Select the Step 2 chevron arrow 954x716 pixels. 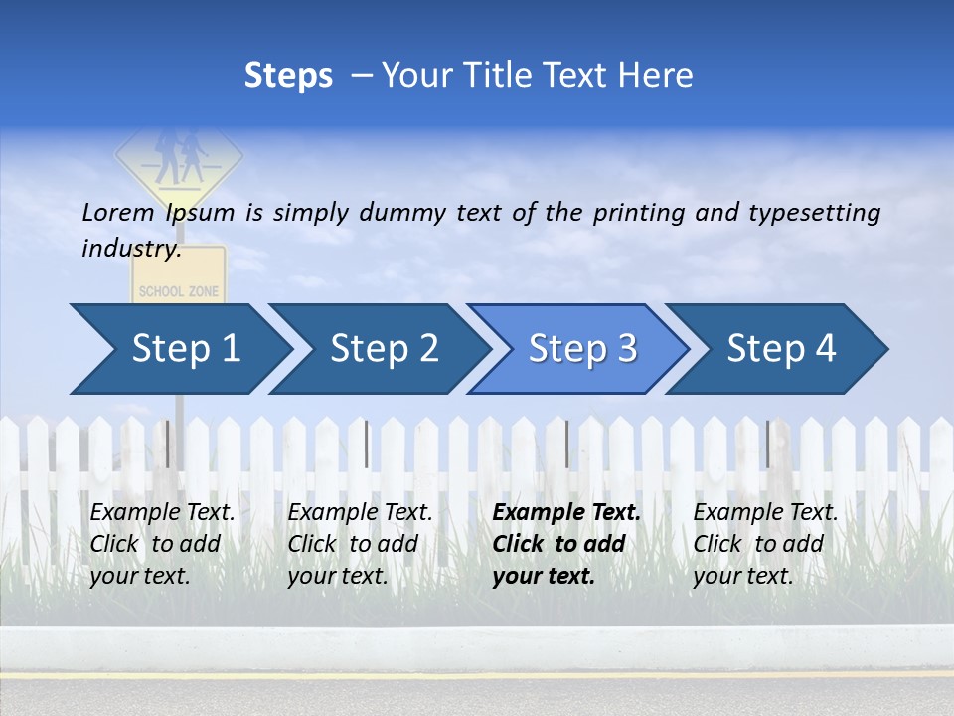(x=383, y=349)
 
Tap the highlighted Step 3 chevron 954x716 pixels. (x=581, y=349)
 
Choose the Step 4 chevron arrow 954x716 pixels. (x=780, y=349)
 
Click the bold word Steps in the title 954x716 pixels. (x=288, y=76)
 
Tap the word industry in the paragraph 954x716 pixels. (x=131, y=249)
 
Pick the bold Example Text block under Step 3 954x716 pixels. (x=566, y=544)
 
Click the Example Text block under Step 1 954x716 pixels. (x=162, y=544)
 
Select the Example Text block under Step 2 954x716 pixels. (x=360, y=544)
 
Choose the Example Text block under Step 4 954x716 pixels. (x=765, y=544)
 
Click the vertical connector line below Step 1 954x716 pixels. (x=168, y=444)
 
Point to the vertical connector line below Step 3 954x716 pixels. (x=566, y=444)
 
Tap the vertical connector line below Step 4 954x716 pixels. (x=767, y=444)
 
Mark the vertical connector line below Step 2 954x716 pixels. (x=367, y=444)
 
